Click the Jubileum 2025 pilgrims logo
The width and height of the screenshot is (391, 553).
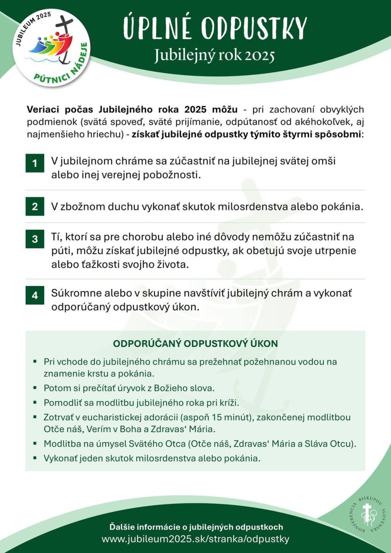tap(52, 46)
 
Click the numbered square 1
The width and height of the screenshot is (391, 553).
tap(34, 164)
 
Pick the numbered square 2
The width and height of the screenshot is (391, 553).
tap(34, 206)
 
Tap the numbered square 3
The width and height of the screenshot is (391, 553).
tap(34, 239)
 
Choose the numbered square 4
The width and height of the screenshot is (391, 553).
tap(34, 295)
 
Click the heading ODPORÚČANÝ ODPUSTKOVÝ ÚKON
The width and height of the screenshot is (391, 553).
tap(195, 344)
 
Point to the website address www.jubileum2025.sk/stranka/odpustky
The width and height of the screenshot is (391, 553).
tap(195, 539)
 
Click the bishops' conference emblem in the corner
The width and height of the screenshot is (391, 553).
tap(366, 515)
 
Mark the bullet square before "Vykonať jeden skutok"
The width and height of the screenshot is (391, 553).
tap(35, 458)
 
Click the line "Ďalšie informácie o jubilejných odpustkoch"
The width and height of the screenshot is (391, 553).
tap(195, 527)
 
